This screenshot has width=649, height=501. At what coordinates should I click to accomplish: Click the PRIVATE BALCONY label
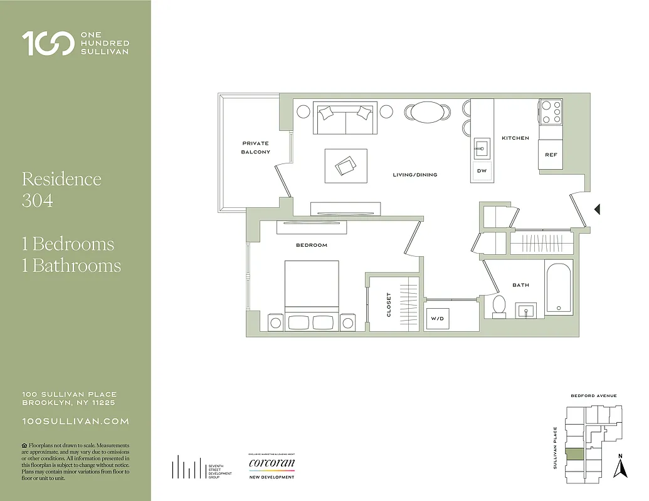tap(256, 148)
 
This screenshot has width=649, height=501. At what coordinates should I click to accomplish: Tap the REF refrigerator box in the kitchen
tap(551, 154)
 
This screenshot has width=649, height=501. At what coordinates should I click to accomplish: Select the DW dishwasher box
tap(482, 171)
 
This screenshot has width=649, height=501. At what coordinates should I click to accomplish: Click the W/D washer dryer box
tap(436, 318)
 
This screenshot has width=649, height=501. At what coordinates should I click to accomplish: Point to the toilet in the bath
tap(499, 307)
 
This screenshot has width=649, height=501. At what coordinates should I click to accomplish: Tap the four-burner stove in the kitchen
tap(550, 111)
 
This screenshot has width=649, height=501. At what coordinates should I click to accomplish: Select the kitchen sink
tap(482, 147)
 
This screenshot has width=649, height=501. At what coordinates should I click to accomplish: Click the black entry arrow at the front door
tap(598, 209)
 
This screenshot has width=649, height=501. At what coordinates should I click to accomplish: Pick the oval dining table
tap(427, 111)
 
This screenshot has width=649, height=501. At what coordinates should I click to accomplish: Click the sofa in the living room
tap(345, 117)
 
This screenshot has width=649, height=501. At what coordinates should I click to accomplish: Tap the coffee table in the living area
tap(346, 165)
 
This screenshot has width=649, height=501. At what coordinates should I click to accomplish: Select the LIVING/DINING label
tap(414, 175)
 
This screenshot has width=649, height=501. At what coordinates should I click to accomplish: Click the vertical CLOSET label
tap(389, 304)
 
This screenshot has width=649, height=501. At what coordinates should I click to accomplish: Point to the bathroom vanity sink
tap(525, 309)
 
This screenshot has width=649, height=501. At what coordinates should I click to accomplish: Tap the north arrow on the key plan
tap(620, 467)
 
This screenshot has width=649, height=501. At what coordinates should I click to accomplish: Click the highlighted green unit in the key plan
tap(574, 455)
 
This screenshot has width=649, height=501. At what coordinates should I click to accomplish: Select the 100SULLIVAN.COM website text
tap(75, 421)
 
